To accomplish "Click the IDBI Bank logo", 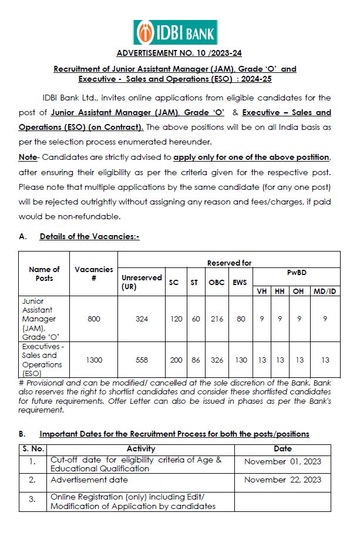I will pos(174,32).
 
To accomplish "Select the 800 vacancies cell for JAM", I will pos(94,319).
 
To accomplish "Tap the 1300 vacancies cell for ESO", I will pos(94,360).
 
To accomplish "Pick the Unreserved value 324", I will pos(142,319).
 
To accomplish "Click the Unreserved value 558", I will pos(142,360).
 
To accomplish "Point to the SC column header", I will pos(174,282).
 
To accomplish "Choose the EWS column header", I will pos(239,282).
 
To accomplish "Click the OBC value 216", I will pos(216,319).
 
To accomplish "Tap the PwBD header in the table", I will pos(297,273).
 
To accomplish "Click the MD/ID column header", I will pos(325,292).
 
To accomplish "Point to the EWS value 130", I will pos(239,360).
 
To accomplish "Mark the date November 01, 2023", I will pos(282,461).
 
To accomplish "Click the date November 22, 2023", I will pos(282,480).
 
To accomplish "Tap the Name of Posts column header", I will pos(44,274).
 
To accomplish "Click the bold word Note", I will pos(28,158).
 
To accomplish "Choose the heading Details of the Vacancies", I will pos(89,236).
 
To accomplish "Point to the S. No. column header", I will pos(32,449).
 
